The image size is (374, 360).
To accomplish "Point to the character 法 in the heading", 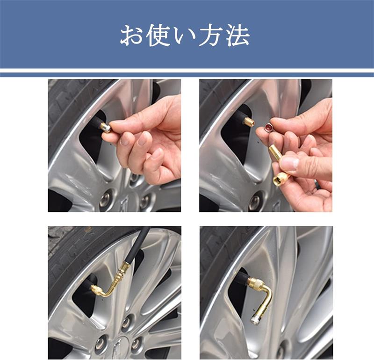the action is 237,36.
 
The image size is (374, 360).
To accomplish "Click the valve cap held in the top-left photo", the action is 106,127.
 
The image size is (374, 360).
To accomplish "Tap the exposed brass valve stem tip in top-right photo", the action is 249,122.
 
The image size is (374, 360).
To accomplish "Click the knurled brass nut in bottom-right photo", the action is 256,283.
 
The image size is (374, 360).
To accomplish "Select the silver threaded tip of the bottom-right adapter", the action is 255,319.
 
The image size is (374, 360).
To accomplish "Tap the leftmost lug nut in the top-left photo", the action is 105,199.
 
